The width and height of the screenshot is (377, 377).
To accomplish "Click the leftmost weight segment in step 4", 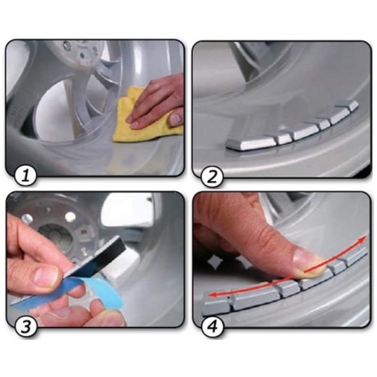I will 214,307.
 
